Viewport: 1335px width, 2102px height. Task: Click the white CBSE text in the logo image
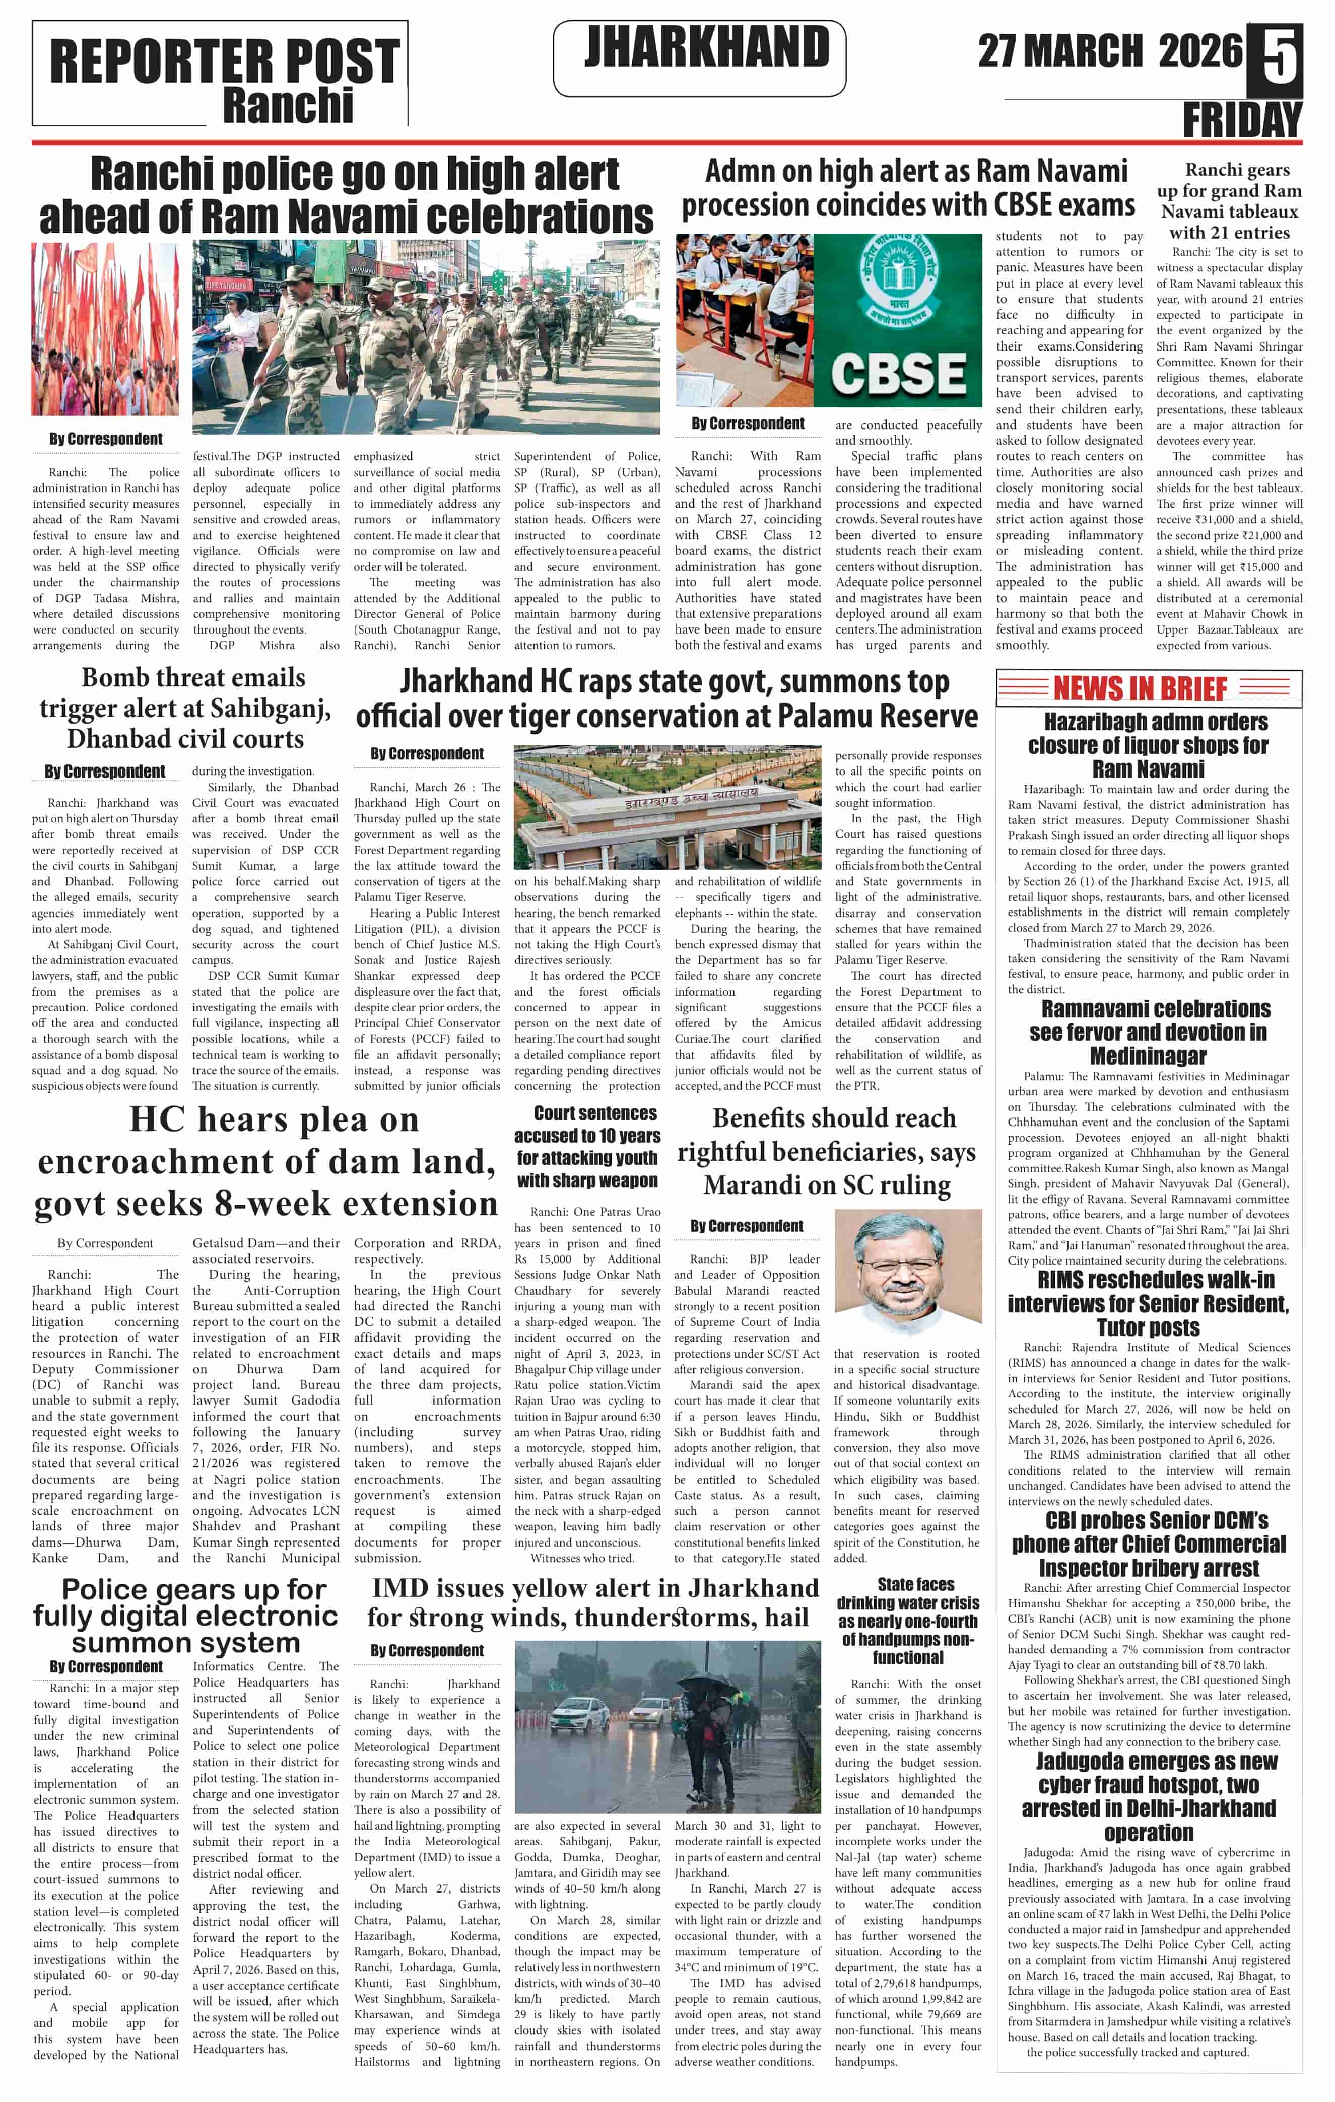coord(898,374)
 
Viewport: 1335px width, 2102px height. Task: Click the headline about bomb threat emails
coord(185,708)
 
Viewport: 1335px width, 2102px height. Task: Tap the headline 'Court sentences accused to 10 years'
coord(587,1146)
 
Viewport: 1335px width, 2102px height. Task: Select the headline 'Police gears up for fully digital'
coord(185,1616)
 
